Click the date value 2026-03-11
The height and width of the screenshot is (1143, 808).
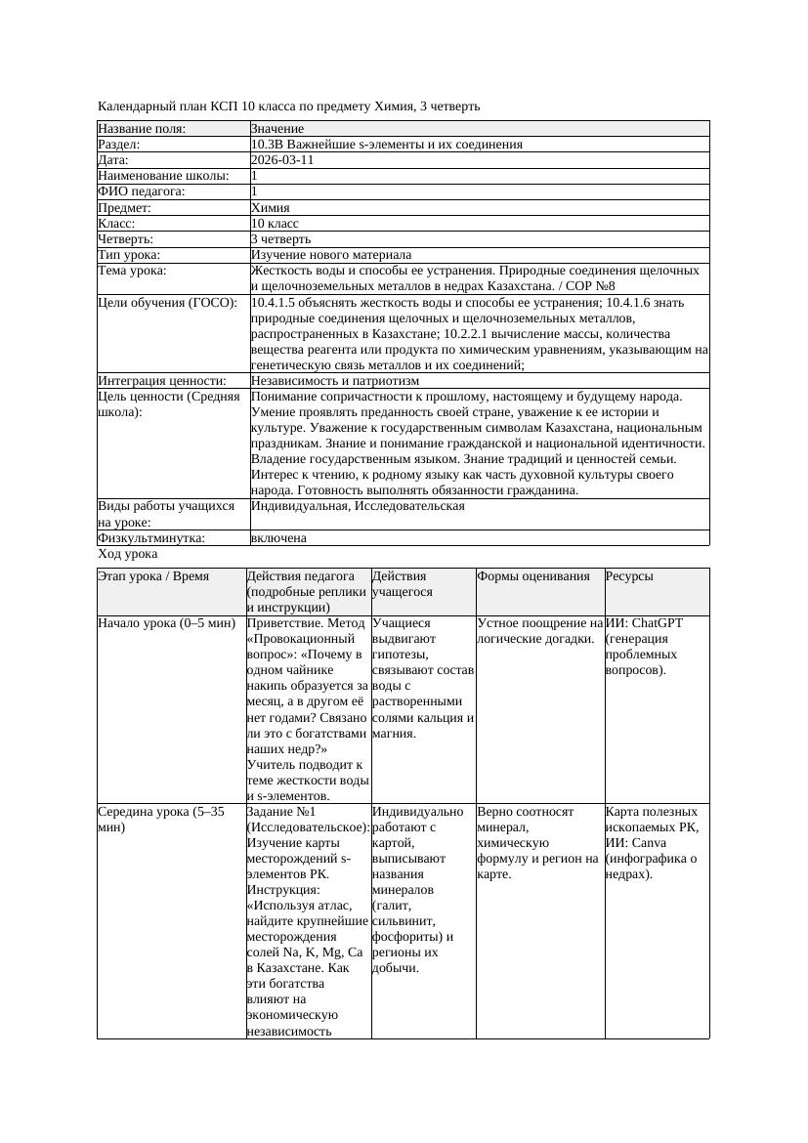[x=282, y=160]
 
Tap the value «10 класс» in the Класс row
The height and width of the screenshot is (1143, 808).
[x=275, y=223]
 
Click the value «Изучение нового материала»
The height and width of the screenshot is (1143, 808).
[x=331, y=254]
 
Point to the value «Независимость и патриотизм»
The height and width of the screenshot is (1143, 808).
[x=335, y=380]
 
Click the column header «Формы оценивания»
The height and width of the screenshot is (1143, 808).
[x=533, y=576]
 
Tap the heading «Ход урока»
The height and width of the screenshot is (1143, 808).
[x=128, y=554]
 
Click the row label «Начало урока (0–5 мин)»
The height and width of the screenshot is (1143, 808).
[x=166, y=623]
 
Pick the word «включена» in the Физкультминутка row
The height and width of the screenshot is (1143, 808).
[x=278, y=537]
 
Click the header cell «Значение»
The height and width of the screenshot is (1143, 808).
[x=277, y=129]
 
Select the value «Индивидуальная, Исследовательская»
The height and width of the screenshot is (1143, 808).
[x=358, y=506]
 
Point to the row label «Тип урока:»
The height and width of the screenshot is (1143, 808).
[x=130, y=254]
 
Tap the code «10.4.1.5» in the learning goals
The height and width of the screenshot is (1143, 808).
[x=276, y=303]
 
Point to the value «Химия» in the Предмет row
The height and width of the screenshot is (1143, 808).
[x=271, y=207]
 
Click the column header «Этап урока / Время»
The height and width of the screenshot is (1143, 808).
[x=153, y=576]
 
